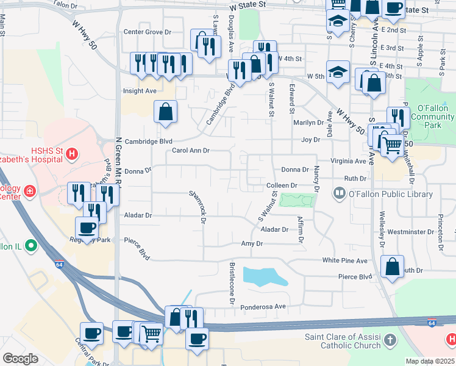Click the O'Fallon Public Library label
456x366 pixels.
pos(390,195)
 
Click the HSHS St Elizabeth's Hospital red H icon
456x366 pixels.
pos(72,153)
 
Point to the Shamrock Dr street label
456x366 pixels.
pos(199,201)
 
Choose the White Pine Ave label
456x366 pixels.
pos(345,260)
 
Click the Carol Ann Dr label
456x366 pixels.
pos(190,150)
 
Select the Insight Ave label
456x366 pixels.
pos(140,91)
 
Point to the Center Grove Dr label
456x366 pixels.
pos(148,32)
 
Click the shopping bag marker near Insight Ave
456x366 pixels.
pos(165,112)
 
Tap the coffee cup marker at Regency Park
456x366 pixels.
pos(87,228)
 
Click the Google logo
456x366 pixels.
pos(20,359)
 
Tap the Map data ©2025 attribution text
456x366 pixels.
pos(430,361)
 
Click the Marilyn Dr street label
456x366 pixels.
pos(308,123)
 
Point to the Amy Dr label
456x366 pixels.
pos(251,243)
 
